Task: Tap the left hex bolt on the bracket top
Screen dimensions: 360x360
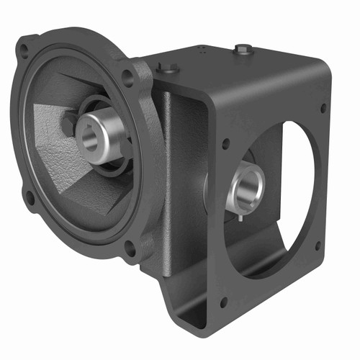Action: (x=167, y=69)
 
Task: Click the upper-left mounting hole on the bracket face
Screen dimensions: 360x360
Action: (x=225, y=143)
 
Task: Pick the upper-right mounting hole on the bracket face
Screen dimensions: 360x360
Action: (x=322, y=108)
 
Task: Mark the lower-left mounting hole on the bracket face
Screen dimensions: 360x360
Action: (x=223, y=302)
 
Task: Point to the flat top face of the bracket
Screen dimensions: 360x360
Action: (x=238, y=65)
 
